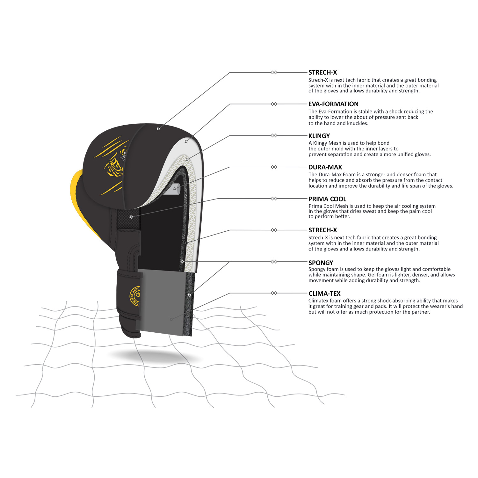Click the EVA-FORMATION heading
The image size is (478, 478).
point(333,104)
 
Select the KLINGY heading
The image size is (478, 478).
point(319,136)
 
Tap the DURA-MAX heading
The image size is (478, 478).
point(325,167)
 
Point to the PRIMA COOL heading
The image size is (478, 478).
point(327,199)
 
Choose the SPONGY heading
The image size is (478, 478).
point(321,263)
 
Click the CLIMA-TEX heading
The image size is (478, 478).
point(324,293)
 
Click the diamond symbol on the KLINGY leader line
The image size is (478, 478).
point(274,135)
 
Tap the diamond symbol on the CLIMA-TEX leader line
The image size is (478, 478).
point(274,293)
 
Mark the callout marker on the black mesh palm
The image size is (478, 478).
point(131,217)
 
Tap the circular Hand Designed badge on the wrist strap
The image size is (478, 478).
point(135,296)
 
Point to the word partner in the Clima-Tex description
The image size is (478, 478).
point(419,312)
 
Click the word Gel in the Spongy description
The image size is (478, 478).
point(372,275)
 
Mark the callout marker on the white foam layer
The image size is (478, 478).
point(186,141)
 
